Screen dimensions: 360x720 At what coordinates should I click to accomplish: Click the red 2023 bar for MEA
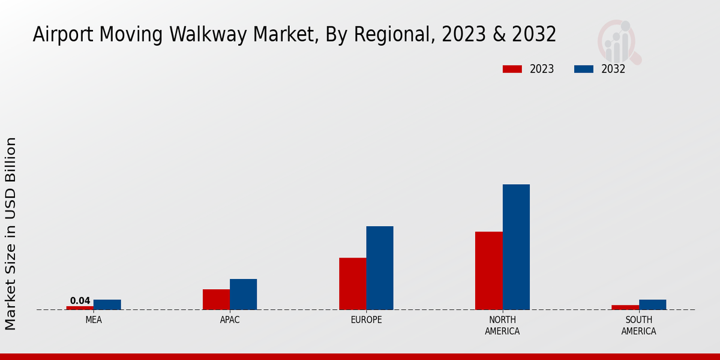80,308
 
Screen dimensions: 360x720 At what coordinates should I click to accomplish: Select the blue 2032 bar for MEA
107,305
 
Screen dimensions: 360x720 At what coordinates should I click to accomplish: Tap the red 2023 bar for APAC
216,299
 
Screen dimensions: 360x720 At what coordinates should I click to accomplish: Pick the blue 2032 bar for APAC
244,295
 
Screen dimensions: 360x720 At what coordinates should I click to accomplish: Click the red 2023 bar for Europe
353,284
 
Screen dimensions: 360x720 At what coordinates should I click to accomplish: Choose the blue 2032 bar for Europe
380,268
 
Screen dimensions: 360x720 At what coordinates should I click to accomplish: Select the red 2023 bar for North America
489,271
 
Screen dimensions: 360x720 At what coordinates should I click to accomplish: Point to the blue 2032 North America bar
516,247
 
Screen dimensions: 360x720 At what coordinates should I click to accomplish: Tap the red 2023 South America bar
625,307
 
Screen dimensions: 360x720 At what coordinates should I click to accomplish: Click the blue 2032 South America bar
653,305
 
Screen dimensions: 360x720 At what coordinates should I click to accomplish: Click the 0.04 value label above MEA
80,301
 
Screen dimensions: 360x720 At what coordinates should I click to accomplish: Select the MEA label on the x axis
94,320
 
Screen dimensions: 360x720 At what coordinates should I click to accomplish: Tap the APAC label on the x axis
230,320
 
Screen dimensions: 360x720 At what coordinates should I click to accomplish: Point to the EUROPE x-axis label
366,320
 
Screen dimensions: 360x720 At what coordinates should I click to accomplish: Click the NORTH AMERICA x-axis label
503,325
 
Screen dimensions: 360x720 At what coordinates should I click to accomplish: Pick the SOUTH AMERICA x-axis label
639,325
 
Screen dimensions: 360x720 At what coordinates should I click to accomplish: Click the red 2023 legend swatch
512,69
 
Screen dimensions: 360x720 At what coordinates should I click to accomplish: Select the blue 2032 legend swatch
584,69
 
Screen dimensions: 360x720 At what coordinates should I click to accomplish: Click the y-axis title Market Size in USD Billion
11,233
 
